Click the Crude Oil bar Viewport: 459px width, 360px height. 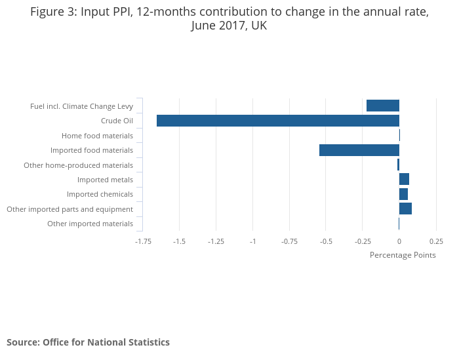coord(277,121)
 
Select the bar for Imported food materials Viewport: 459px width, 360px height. coord(359,150)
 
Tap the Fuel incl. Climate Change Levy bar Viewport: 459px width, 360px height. coord(382,106)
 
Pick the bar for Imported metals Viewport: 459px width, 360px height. coord(404,180)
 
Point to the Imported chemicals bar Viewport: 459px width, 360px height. coord(403,194)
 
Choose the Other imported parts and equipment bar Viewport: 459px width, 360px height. coord(405,209)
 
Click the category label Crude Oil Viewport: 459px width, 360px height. coord(117,121)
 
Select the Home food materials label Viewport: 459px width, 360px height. coord(97,136)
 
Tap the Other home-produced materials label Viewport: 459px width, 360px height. coord(78,165)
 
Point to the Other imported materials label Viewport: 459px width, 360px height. coord(90,224)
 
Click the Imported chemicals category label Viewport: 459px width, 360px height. coord(100,194)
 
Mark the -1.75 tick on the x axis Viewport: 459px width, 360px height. coord(142,241)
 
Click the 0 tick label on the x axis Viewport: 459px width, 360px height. coord(399,241)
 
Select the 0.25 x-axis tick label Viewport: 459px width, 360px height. coord(436,241)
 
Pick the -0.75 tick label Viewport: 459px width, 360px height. coord(289,241)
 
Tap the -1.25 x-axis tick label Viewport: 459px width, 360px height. coord(216,241)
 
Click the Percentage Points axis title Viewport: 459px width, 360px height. coord(403,255)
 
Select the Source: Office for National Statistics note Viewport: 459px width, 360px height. coord(88,342)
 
